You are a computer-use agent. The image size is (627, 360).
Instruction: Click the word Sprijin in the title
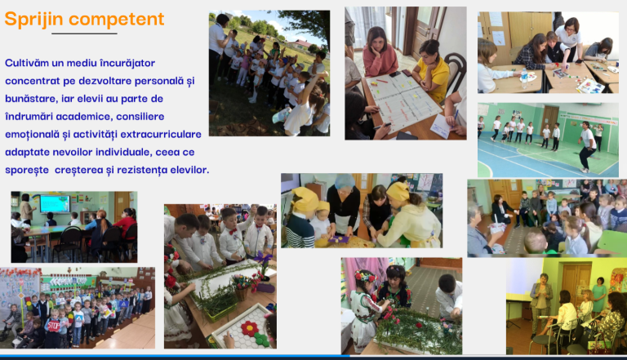point(33,20)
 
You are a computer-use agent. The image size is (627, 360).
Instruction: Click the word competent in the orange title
point(117,20)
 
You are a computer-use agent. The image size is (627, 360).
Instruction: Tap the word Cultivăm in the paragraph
point(27,63)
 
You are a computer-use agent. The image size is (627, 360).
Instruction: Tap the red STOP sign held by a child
point(54,326)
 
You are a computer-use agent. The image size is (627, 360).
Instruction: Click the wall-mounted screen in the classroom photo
point(55,203)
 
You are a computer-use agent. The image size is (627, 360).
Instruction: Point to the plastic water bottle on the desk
point(524,78)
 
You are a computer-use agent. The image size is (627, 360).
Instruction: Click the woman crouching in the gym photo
point(587,147)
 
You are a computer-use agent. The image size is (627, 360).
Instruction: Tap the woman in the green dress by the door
point(599,295)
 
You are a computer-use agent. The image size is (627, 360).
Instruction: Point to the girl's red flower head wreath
point(365,276)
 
